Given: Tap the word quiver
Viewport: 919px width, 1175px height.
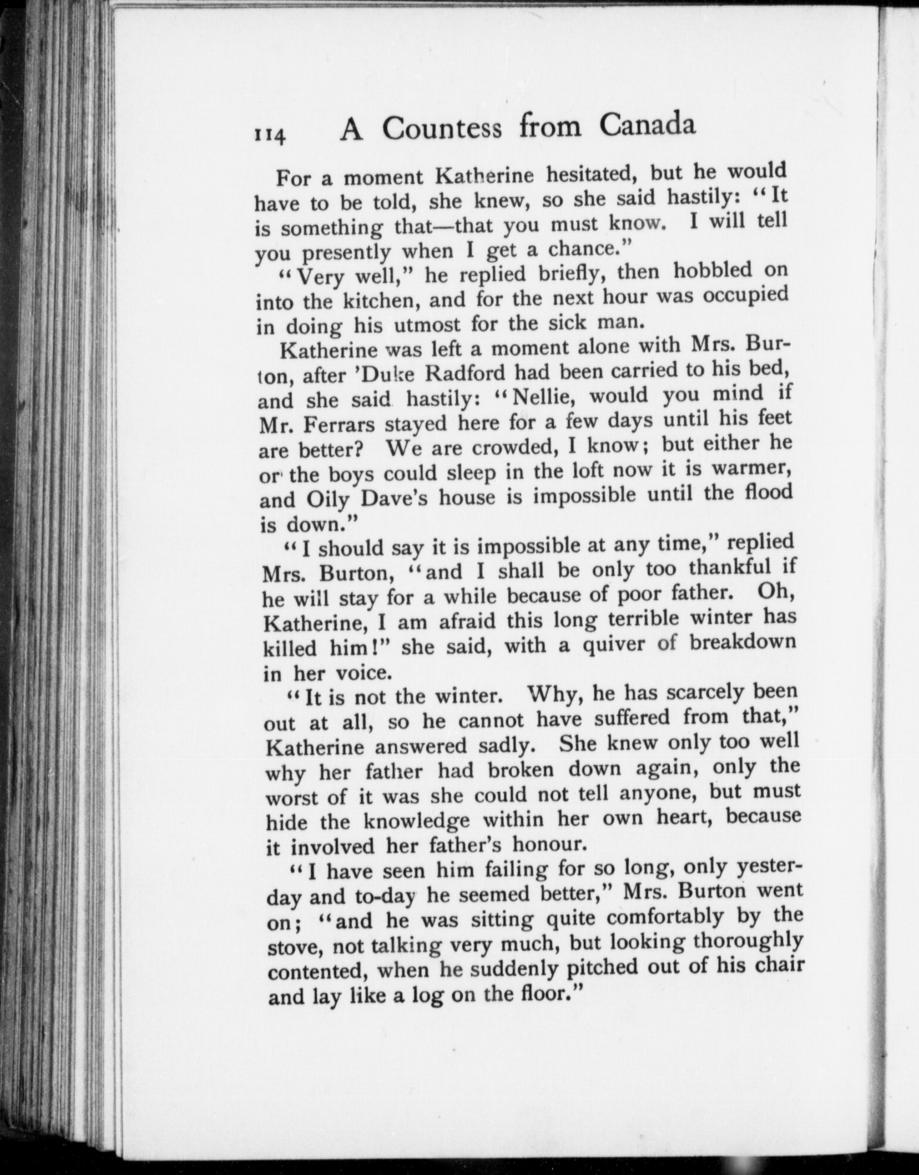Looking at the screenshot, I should coord(612,644).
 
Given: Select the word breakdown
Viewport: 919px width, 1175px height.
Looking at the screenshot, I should coord(743,643).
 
